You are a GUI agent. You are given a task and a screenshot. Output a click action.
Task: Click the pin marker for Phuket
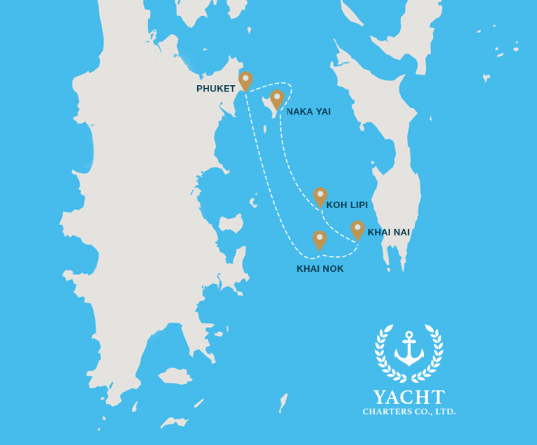pyautogui.click(x=245, y=80)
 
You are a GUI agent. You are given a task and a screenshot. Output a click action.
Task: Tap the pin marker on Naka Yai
pyautogui.click(x=277, y=99)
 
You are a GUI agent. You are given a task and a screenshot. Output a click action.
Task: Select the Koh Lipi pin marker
pyautogui.click(x=320, y=196)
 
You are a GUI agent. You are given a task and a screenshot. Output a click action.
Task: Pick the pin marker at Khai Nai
pyautogui.click(x=357, y=228)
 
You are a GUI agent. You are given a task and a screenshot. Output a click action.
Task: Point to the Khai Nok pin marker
pyautogui.click(x=320, y=239)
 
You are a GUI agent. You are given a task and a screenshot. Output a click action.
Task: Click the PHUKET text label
pyautogui.click(x=216, y=89)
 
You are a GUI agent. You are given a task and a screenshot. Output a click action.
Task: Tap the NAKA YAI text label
pyautogui.click(x=308, y=112)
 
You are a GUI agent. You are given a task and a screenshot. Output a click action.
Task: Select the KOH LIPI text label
pyautogui.click(x=347, y=205)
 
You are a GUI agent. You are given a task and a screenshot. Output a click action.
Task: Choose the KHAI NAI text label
pyautogui.click(x=389, y=232)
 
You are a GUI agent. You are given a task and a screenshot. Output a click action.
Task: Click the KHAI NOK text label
pyautogui.click(x=320, y=269)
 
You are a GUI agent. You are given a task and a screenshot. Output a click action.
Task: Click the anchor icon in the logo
pyautogui.click(x=409, y=349)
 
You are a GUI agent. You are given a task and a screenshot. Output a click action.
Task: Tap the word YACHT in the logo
pyautogui.click(x=409, y=397)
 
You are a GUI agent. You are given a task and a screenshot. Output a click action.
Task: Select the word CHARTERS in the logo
pyautogui.click(x=386, y=412)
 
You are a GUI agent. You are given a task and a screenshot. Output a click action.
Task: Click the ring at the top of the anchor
pyautogui.click(x=409, y=335)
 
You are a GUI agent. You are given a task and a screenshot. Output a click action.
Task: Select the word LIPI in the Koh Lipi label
pyautogui.click(x=357, y=205)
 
